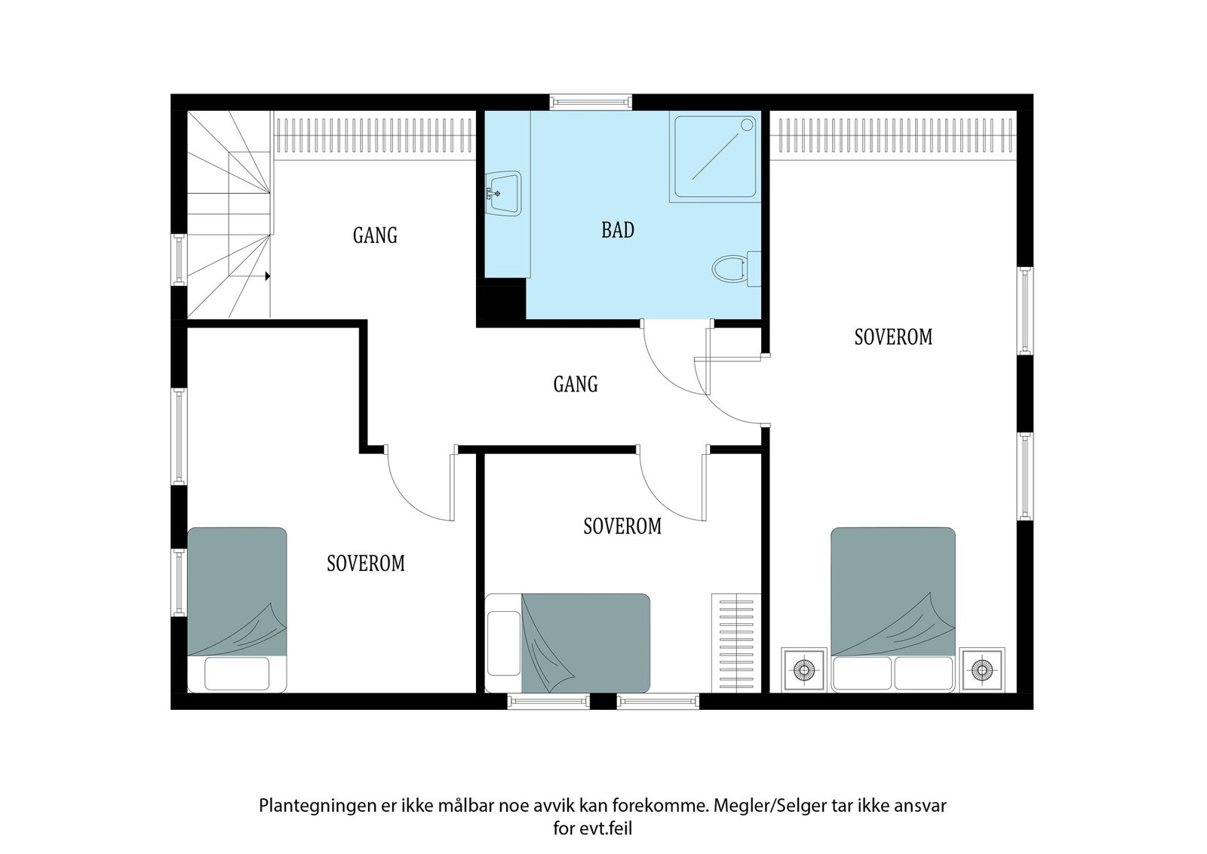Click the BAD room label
[618, 230]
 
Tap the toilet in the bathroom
[736, 269]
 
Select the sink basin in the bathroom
[503, 193]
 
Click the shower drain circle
[746, 125]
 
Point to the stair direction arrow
[267, 276]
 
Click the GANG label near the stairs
[375, 235]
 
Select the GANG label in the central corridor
[576, 384]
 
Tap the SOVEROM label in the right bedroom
[893, 337]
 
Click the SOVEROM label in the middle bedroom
[622, 527]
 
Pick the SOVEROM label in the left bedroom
[366, 564]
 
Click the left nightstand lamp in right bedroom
[803, 670]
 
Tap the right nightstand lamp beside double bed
[981, 670]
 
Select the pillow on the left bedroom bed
[237, 674]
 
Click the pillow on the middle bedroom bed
[504, 644]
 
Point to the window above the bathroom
[591, 102]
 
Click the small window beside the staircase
[178, 260]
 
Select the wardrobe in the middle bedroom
[736, 643]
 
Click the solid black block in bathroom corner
[501, 303]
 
